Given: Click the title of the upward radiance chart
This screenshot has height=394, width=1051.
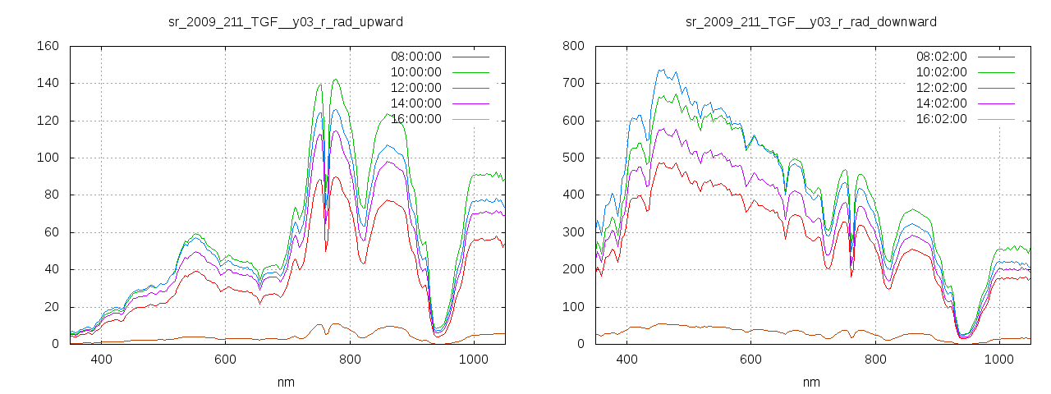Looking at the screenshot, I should click(x=286, y=21).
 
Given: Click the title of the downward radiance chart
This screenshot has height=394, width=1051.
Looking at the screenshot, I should click(x=811, y=21).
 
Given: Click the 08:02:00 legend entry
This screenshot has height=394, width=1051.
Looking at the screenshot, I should click(x=941, y=57).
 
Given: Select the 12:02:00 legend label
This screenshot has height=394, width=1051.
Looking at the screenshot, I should click(x=941, y=88).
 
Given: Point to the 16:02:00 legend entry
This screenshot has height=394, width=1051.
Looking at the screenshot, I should click(x=941, y=119).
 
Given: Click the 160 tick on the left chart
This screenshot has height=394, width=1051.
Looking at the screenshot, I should click(x=48, y=46).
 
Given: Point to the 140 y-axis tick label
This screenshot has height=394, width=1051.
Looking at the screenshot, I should click(x=48, y=83).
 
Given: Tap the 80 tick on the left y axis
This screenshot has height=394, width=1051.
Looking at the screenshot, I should click(x=51, y=195).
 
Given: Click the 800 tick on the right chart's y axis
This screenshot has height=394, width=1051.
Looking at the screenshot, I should click(x=573, y=46).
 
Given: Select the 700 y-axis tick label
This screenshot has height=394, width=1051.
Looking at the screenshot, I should click(x=573, y=83).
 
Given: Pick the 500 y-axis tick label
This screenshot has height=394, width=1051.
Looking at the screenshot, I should click(x=573, y=158).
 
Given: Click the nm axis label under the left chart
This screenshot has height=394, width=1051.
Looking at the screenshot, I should click(x=286, y=382).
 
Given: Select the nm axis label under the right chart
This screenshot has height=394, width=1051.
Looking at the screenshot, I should click(x=811, y=382).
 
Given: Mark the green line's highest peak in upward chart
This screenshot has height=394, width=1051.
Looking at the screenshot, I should click(x=335, y=80).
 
